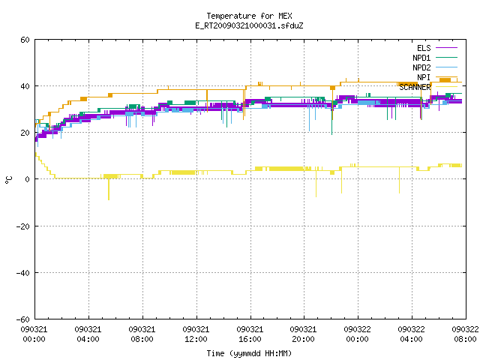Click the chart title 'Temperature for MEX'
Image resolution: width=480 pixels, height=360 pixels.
tap(249, 16)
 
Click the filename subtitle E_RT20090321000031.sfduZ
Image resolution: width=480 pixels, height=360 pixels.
tap(249, 25)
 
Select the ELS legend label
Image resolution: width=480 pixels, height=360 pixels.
tap(424, 48)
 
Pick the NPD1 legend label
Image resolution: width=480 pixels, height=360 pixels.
tap(421, 58)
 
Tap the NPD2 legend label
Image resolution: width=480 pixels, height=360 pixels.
tap(421, 67)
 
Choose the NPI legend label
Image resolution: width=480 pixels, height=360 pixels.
tap(424, 77)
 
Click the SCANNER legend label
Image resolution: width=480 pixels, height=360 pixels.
tap(415, 87)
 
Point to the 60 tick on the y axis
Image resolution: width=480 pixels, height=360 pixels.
tap(25, 40)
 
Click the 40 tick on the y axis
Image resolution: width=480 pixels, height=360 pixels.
tap(25, 86)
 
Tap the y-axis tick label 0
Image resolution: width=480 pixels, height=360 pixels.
tap(28, 179)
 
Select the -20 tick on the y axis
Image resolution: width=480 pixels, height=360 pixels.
tap(23, 226)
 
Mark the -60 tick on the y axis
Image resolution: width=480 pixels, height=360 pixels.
tap(23, 319)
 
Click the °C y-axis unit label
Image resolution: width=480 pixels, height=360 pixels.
tap(9, 180)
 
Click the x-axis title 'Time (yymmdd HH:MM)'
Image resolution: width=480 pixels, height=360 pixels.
tap(249, 353)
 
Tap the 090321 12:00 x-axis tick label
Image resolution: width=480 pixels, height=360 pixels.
tap(196, 334)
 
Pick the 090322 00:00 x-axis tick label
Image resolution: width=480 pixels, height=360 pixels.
tap(357, 334)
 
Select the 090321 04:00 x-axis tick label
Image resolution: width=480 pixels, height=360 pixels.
tap(88, 334)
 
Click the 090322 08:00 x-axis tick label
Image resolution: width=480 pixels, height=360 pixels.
tap(465, 334)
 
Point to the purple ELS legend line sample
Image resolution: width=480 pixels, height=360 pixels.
tap(447, 48)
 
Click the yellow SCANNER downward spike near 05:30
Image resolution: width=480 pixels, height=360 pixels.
tap(109, 189)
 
